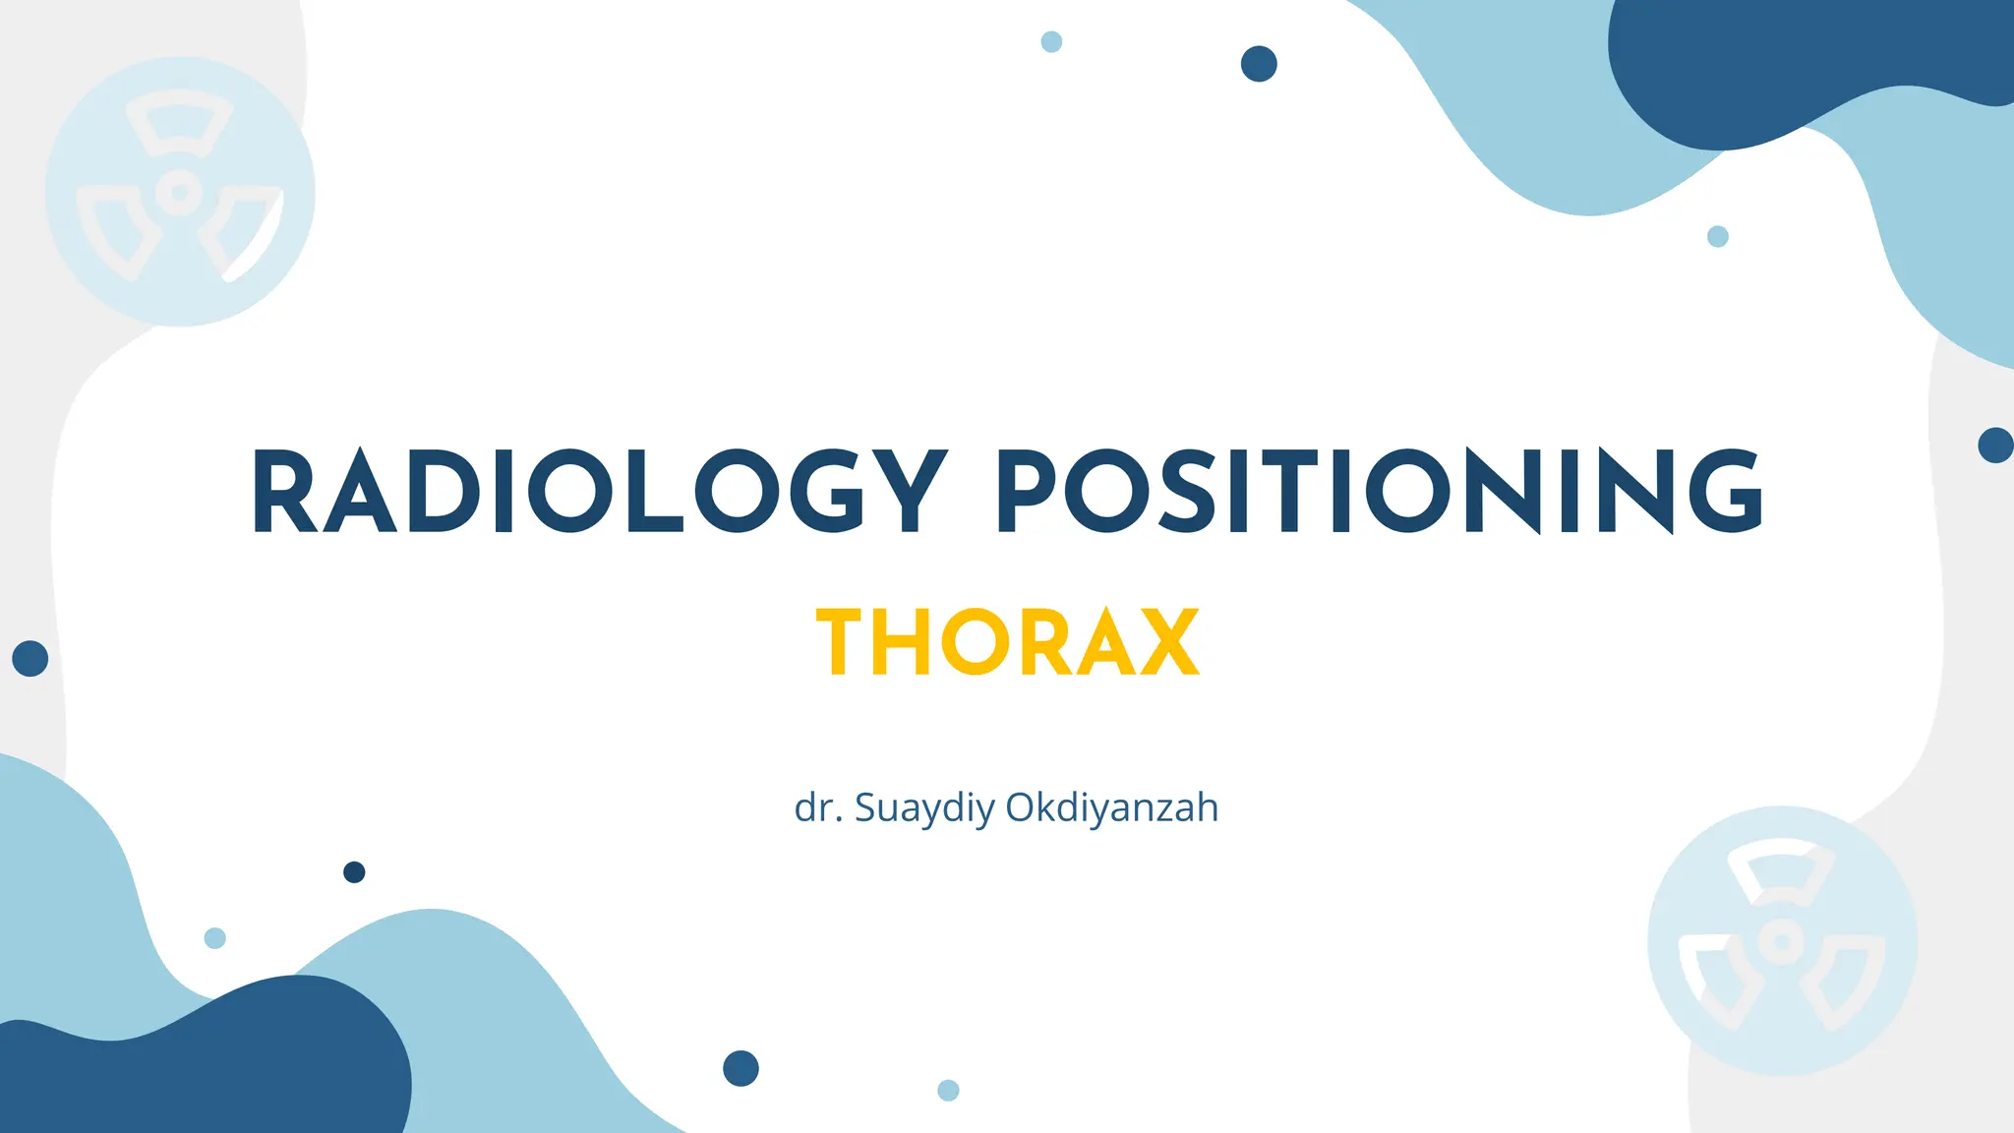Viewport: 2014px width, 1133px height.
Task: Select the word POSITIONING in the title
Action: pyautogui.click(x=1379, y=492)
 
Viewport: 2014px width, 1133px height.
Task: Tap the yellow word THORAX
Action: pyautogui.click(x=1007, y=643)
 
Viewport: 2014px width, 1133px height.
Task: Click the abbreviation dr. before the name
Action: pyautogui.click(x=818, y=807)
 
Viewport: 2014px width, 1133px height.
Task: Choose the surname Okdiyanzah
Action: pyautogui.click(x=1112, y=807)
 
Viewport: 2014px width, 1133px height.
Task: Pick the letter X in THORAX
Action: pyautogui.click(x=1166, y=643)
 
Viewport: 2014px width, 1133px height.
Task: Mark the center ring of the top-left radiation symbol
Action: pyautogui.click(x=180, y=192)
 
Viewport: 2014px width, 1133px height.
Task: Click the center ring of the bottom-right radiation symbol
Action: pyautogui.click(x=1781, y=941)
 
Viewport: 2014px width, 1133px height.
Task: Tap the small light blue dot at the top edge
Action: pyautogui.click(x=1051, y=41)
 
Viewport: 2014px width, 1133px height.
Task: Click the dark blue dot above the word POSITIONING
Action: pyautogui.click(x=1259, y=64)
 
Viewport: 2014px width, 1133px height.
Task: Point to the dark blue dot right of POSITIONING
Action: pyautogui.click(x=1995, y=446)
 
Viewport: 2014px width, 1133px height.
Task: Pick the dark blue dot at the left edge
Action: pyautogui.click(x=30, y=658)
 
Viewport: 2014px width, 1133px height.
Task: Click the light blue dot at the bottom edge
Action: pyautogui.click(x=948, y=1090)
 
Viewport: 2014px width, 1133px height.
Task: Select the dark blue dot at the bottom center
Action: pyautogui.click(x=740, y=1068)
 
